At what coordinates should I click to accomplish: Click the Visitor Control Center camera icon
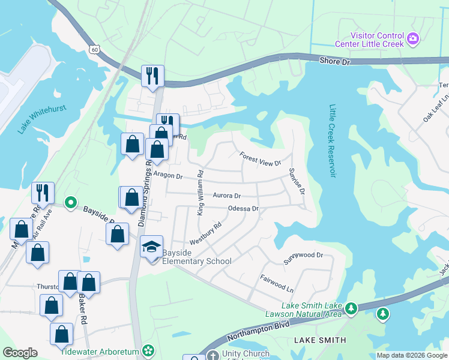412,40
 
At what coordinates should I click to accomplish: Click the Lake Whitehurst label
41,119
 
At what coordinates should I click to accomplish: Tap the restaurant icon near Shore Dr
152,76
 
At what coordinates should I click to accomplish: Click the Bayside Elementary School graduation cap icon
152,246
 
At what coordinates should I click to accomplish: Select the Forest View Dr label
260,159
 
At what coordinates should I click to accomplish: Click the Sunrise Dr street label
297,181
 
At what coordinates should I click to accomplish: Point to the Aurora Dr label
226,196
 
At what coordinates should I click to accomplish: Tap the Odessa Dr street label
243,208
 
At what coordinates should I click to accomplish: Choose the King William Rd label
200,192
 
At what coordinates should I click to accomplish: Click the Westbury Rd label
206,233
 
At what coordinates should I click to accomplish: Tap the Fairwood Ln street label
276,283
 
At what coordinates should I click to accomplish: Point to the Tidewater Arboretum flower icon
148,351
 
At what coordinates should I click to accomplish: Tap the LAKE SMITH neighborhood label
320,340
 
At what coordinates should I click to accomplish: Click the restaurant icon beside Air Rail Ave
43,193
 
